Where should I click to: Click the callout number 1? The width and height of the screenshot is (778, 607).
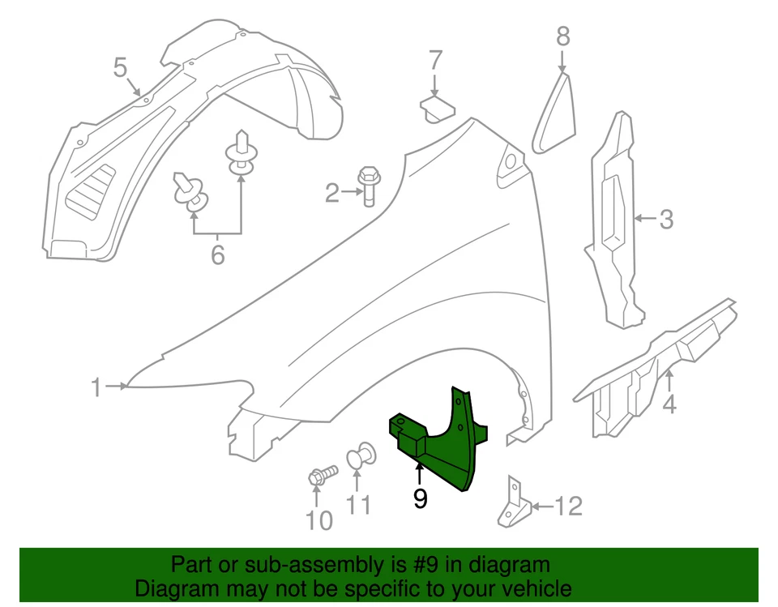tap(96, 387)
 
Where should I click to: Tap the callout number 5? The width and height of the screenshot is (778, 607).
tap(120, 66)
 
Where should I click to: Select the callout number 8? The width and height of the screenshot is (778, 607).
tap(563, 36)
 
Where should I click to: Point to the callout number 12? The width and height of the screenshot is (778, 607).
tap(570, 507)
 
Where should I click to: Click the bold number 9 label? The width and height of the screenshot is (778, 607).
tap(420, 498)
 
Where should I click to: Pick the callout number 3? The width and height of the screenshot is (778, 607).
tap(665, 219)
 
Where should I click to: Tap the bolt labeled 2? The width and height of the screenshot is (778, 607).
tap(366, 186)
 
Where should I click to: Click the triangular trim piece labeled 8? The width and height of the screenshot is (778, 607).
tap(556, 113)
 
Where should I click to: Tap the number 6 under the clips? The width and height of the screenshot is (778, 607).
tap(217, 255)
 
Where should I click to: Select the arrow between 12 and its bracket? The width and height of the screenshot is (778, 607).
tap(542, 507)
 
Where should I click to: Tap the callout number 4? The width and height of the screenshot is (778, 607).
tap(669, 402)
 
